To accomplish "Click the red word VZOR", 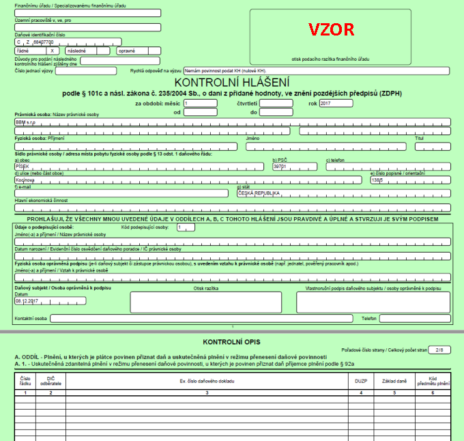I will [331, 29].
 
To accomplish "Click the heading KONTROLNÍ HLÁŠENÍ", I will [231, 81].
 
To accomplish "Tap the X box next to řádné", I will [52, 51].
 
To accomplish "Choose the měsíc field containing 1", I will [199, 103].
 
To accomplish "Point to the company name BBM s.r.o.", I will [28, 123].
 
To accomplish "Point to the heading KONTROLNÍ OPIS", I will [231, 340].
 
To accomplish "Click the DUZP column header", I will [361, 380].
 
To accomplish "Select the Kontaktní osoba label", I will [31, 319].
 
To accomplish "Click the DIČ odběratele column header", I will [50, 380].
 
